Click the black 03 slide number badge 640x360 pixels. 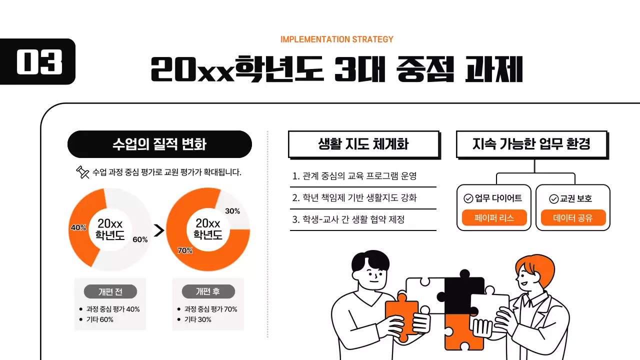38,61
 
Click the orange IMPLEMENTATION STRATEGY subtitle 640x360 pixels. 337,39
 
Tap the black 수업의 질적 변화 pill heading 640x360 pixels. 159,144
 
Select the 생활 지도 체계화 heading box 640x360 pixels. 363,144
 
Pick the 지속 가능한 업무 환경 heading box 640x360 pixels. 531,144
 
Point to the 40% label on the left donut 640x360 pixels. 78,227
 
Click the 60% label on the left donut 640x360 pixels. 140,239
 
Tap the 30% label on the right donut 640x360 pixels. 232,211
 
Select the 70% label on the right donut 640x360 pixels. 185,250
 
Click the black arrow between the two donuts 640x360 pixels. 159,230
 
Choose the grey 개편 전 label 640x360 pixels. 110,291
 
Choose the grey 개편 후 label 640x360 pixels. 208,291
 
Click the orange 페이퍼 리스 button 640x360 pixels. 494,218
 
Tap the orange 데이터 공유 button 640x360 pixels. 573,218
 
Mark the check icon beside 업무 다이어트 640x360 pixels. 468,198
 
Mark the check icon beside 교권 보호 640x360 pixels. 553,199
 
